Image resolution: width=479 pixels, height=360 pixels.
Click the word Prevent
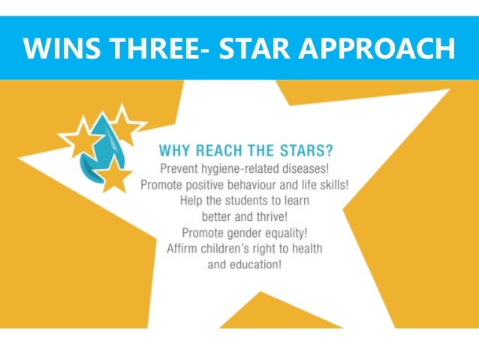click(180, 167)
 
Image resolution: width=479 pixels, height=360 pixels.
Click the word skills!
click(330, 184)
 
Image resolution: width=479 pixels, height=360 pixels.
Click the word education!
click(256, 268)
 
